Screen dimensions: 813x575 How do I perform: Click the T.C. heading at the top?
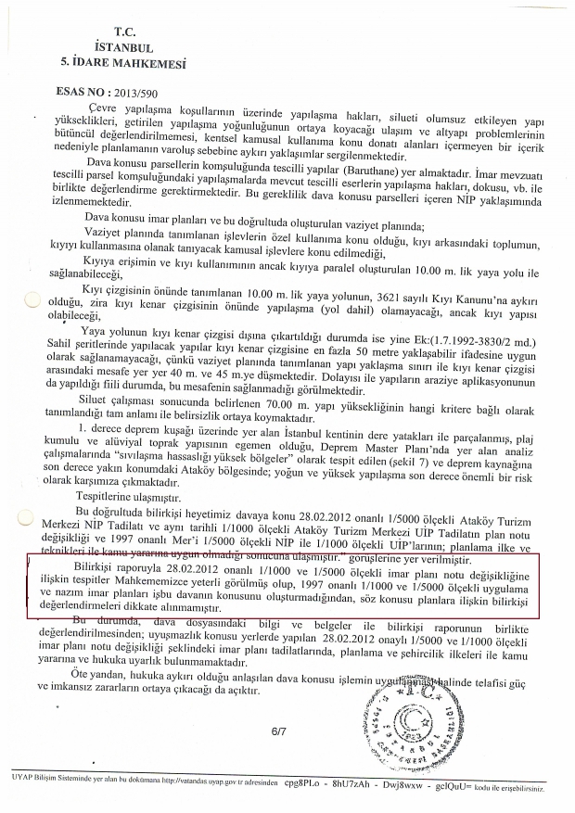(x=123, y=31)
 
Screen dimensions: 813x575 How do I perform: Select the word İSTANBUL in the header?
(x=123, y=46)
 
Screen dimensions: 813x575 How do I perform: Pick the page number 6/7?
(x=279, y=732)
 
